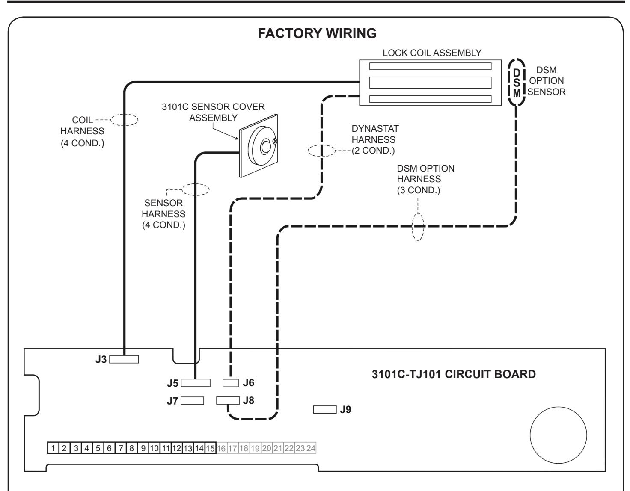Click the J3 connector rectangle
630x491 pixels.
point(124,359)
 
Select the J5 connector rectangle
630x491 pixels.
point(196,383)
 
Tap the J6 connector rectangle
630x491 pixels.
point(231,383)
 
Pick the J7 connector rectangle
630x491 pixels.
point(192,401)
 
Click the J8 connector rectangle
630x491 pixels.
point(228,400)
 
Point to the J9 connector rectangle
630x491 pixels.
point(325,409)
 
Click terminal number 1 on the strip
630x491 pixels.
point(53,448)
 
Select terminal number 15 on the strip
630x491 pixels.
point(211,448)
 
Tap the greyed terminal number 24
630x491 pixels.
point(311,448)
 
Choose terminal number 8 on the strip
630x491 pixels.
point(132,448)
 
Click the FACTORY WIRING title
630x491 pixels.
point(317,33)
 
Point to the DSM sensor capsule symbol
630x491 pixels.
point(516,83)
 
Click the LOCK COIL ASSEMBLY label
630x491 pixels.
point(432,53)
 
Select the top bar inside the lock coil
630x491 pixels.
point(430,66)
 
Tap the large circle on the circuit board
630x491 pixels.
point(559,435)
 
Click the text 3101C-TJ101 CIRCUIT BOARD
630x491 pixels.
point(454,374)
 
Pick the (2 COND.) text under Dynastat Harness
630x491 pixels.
point(373,151)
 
